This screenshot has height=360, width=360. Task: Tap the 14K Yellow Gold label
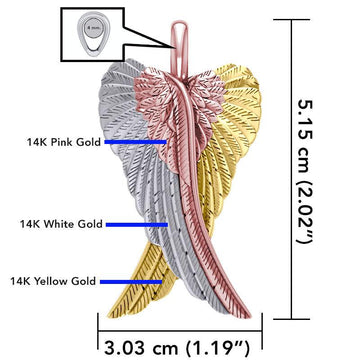click(x=55, y=281)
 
